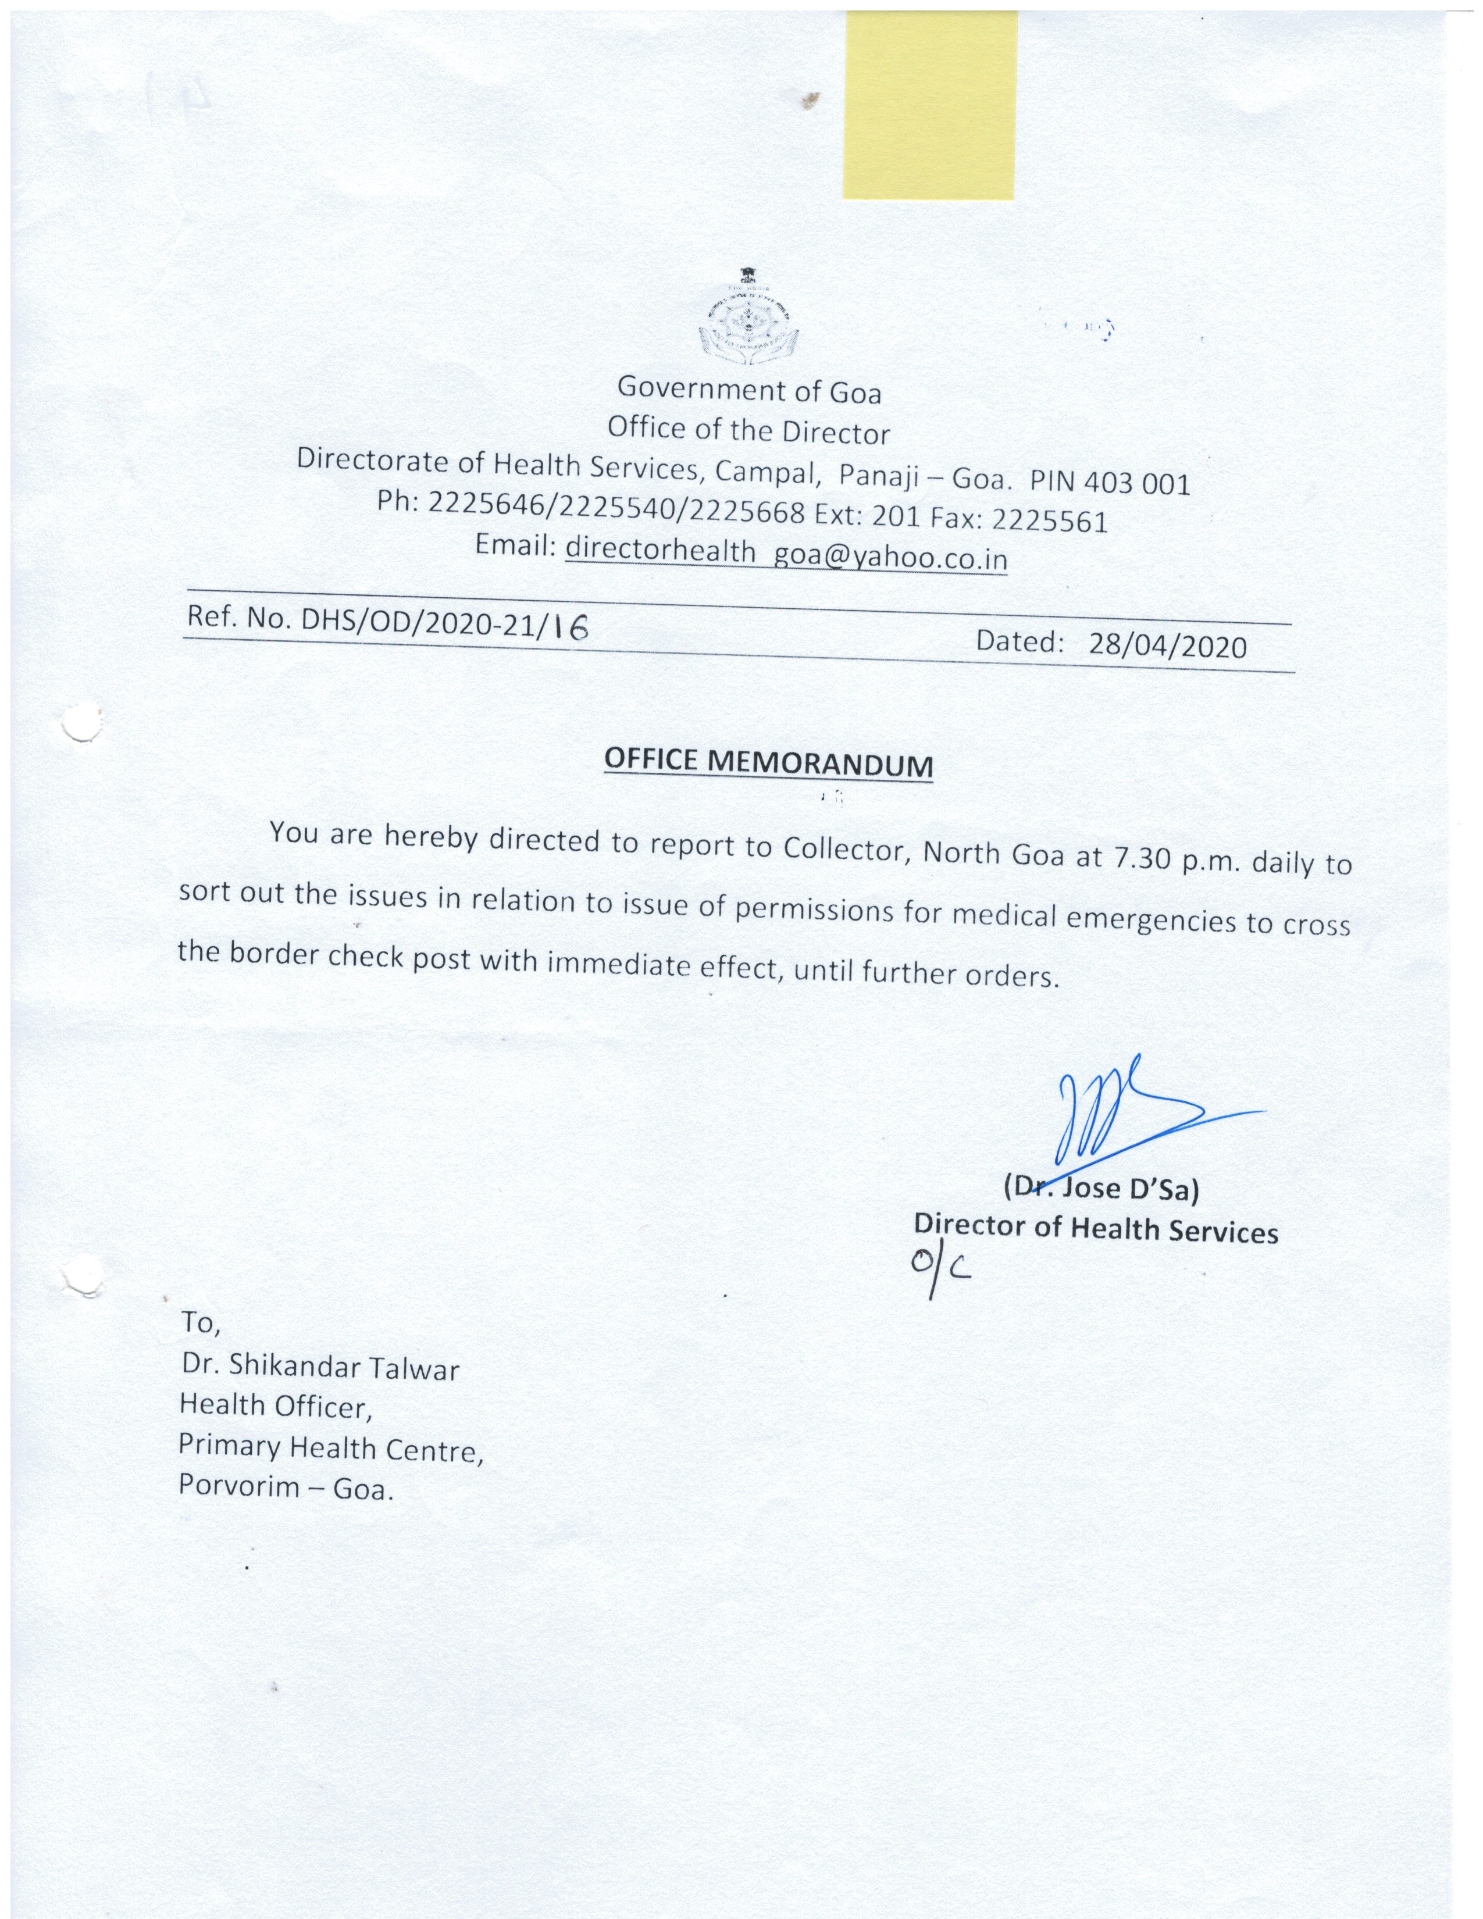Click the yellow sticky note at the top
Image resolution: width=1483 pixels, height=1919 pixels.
coord(929,105)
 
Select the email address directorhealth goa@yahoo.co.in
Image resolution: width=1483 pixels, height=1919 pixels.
coord(786,554)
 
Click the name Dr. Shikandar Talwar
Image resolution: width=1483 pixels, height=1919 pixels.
coord(320,1367)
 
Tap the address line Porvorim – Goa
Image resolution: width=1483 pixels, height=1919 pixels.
coord(286,1488)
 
